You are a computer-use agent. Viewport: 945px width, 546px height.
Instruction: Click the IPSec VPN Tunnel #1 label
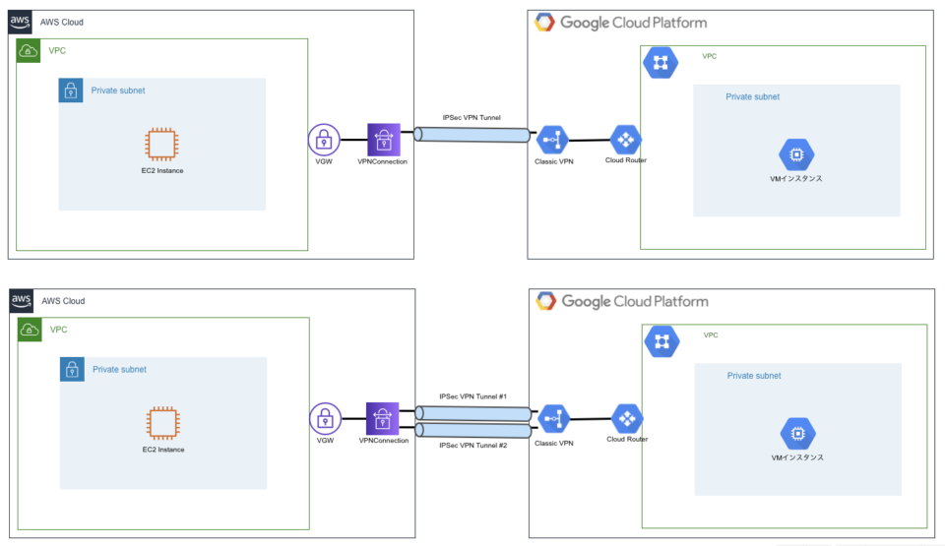pos(472,396)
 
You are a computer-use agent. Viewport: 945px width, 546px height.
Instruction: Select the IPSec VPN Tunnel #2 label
pos(472,445)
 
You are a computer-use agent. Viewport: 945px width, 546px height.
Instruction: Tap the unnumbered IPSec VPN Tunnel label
pos(471,117)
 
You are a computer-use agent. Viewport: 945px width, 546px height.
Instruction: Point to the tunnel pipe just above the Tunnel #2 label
pos(472,430)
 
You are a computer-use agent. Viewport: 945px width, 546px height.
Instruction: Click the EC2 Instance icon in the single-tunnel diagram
pos(161,145)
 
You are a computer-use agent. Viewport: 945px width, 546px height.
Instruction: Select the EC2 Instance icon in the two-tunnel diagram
pos(162,424)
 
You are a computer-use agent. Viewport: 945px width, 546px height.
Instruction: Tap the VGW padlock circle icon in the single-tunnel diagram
pos(323,140)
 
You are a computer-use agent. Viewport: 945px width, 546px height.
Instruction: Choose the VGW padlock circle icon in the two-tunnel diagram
pos(324,419)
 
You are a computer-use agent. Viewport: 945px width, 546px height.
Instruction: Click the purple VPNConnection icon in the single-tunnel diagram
pos(383,139)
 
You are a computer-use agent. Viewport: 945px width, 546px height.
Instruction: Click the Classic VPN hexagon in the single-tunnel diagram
pos(552,140)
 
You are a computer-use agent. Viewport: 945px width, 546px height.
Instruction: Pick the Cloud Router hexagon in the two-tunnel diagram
pos(627,419)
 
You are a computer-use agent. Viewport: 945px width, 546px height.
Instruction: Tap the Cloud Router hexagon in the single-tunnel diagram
pos(625,139)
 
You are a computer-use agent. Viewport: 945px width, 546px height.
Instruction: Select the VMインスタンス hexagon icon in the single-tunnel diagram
pos(794,154)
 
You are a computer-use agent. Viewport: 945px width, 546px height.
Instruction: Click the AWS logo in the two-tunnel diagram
pos(22,301)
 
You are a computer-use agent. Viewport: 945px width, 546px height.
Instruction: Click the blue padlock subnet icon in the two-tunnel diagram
pos(72,370)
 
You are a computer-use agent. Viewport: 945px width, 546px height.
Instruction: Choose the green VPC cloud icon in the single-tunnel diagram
pos(29,50)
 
